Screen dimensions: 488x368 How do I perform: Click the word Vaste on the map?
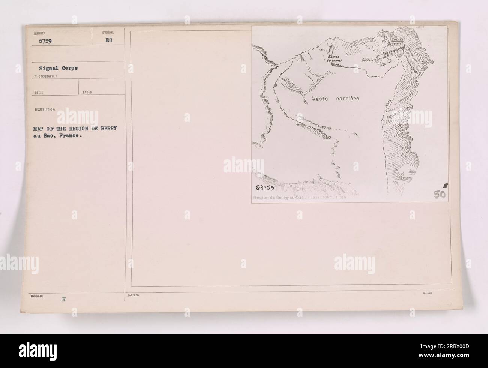(322, 99)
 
